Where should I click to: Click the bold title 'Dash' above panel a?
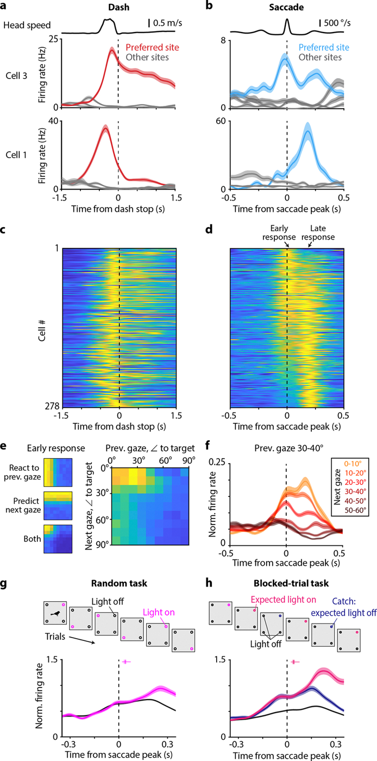pos(118,7)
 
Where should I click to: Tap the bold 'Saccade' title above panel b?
pos(286,7)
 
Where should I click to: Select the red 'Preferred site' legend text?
pos(153,48)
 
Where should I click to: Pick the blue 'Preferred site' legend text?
pos(324,48)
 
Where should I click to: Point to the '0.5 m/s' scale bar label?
pos(167,23)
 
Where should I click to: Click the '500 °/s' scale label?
pos(337,23)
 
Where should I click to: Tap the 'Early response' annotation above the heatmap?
pos(279,233)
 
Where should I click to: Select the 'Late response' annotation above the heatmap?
pos(318,233)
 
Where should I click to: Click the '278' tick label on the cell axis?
pos(52,406)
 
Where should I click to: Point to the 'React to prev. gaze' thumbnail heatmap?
pos(58,472)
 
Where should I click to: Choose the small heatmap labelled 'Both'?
pos(58,539)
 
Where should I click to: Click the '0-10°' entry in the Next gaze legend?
pos(353,463)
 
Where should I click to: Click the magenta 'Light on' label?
pos(159,612)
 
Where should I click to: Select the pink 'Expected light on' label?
pos(284,600)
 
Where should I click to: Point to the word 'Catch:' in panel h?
pos(344,601)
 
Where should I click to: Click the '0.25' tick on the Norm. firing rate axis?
pos(217,462)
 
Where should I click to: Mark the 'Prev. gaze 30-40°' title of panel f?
pos(288,448)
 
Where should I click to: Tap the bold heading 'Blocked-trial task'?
pos(291,583)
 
